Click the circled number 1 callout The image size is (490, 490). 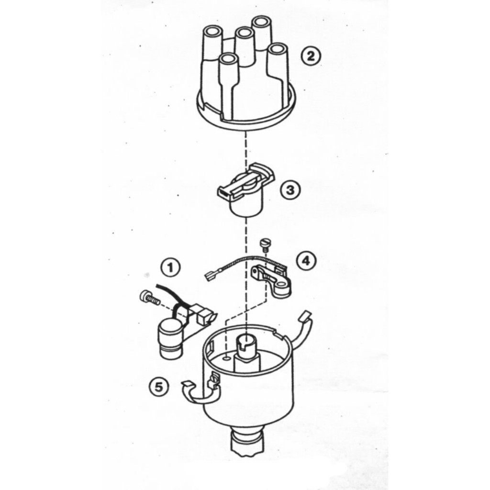171,268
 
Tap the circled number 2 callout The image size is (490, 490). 311,56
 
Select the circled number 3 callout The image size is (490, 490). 290,189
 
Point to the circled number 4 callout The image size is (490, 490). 306,261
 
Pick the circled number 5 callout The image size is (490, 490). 159,388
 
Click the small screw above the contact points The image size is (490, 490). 265,245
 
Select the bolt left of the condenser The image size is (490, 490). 149,297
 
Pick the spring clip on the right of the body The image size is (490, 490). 302,328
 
